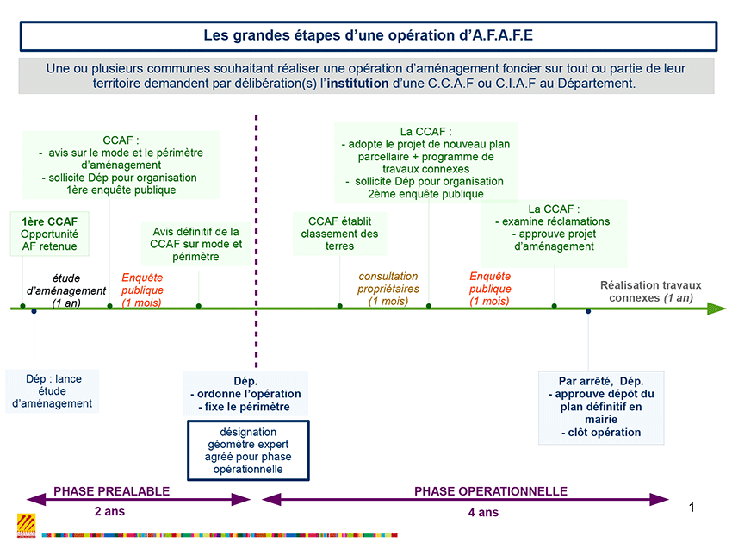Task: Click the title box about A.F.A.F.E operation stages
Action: [369, 36]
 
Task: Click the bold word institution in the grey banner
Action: [357, 84]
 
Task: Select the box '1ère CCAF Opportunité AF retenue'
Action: [49, 234]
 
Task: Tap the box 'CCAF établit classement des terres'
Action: [339, 234]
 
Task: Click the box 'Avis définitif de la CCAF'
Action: [196, 244]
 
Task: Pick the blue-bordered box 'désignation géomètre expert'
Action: [248, 451]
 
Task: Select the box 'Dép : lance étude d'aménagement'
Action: [53, 391]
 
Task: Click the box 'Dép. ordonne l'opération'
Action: [245, 394]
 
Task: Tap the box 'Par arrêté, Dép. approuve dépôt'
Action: [601, 407]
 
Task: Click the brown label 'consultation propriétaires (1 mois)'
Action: [388, 289]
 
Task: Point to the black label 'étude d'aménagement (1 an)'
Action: [66, 290]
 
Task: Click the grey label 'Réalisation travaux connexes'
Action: [651, 291]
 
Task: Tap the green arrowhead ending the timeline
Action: [716, 309]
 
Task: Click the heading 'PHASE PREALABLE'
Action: [112, 491]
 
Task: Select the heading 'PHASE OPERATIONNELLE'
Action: [491, 491]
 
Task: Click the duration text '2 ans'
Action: [109, 512]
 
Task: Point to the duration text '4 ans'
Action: [484, 513]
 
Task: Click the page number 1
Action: [692, 508]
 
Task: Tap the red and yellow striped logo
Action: [26, 526]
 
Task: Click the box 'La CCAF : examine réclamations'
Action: [554, 234]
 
